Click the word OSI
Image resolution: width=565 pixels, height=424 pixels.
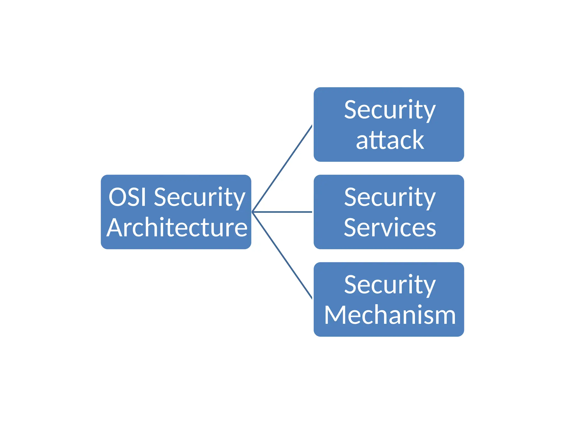coord(127,197)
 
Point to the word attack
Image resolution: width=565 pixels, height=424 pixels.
coord(390,140)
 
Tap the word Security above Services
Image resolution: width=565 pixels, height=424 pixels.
coord(390,198)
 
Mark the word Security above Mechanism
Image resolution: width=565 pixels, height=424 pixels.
coord(390,285)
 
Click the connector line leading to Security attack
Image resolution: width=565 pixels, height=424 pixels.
coord(282,169)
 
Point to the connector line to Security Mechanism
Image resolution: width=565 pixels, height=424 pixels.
coord(282,255)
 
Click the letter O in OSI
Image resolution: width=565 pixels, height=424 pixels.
coord(118,197)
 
